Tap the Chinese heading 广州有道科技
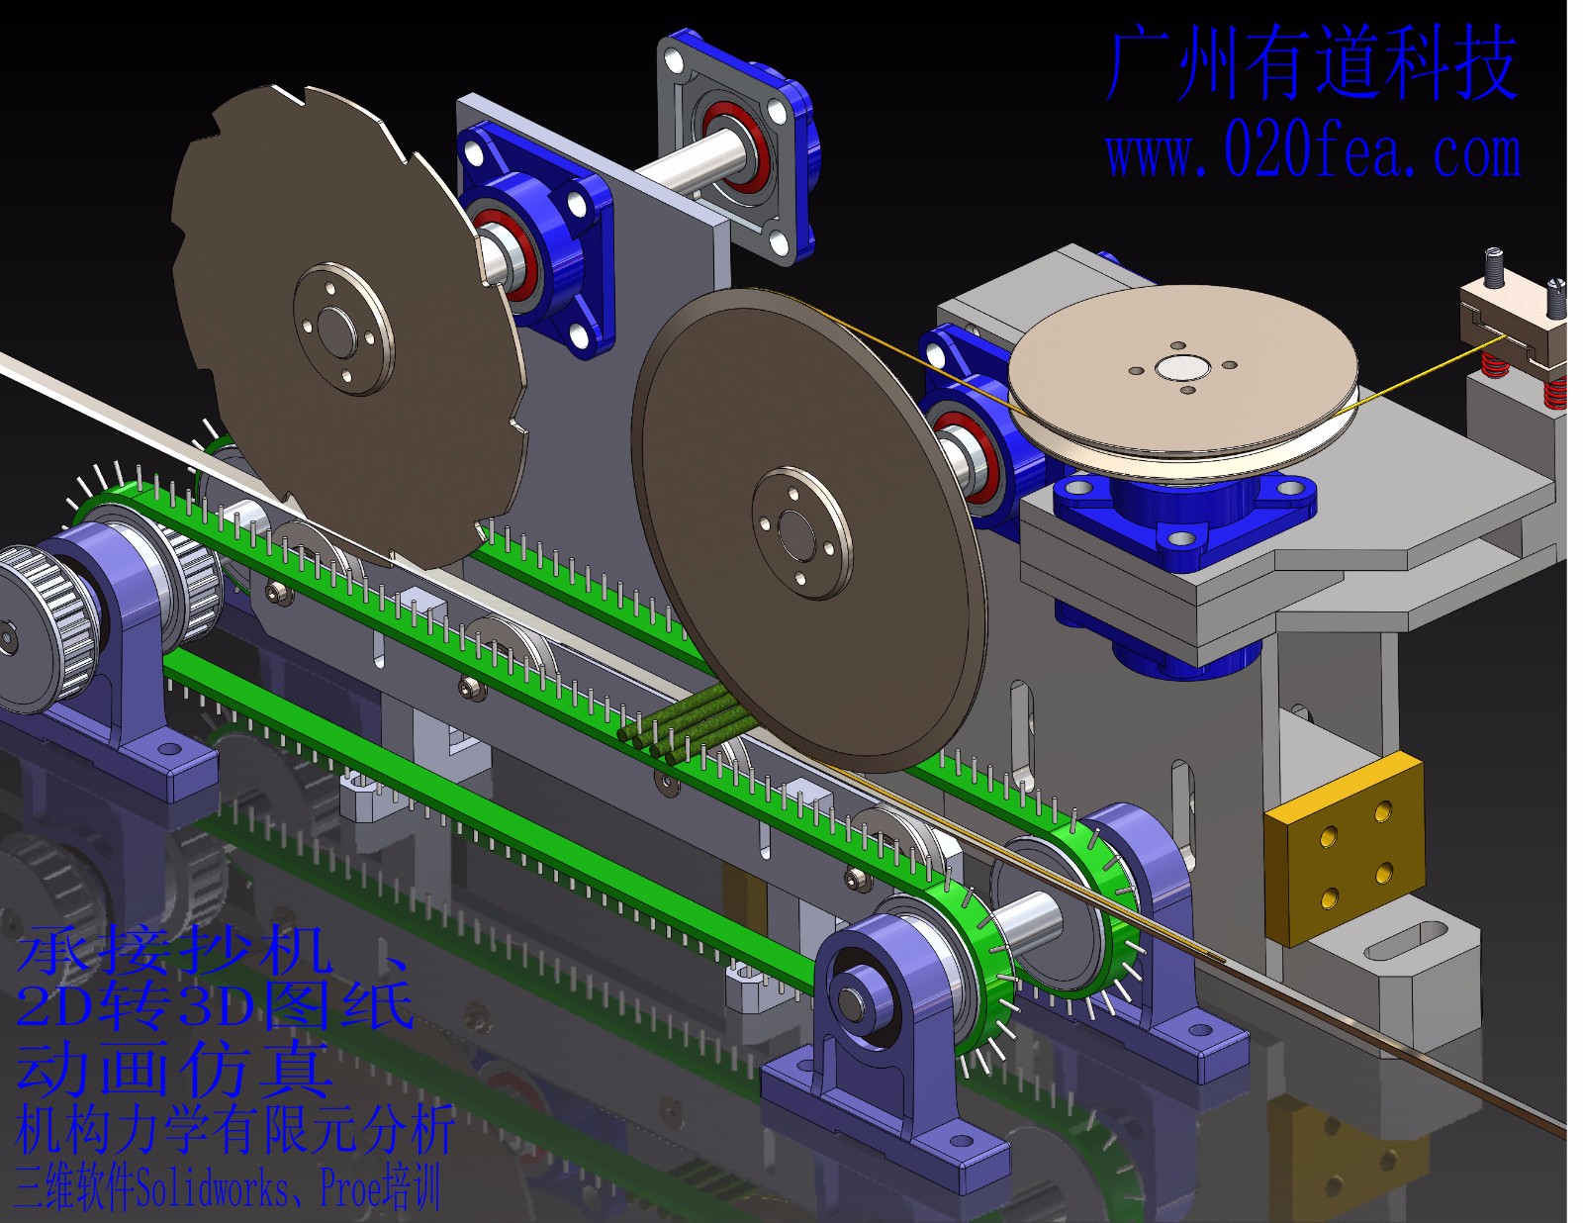pyautogui.click(x=1312, y=63)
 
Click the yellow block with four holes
pyautogui.click(x=1345, y=849)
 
